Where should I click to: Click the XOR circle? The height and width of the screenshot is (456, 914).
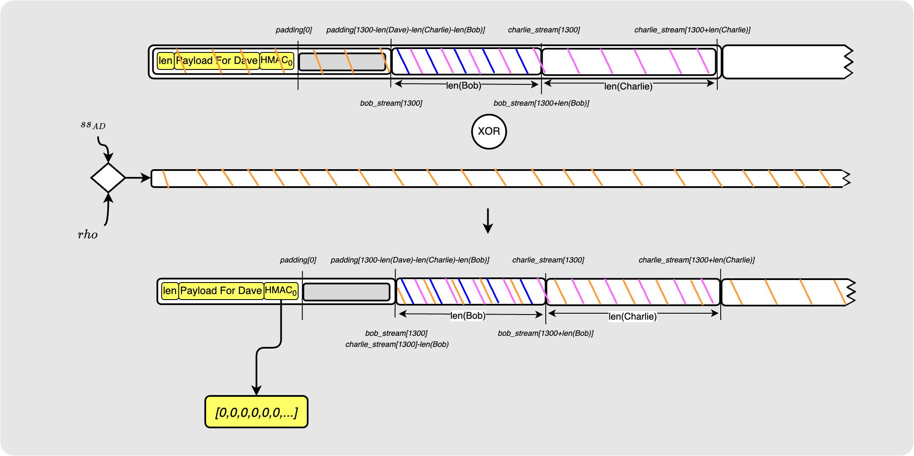[x=489, y=132]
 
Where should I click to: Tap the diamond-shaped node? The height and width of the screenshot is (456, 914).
[x=108, y=178]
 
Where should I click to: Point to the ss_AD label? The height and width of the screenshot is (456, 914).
[x=93, y=125]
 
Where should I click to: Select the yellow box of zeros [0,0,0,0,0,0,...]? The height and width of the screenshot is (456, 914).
[x=256, y=412]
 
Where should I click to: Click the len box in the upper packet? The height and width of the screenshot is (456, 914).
[x=165, y=61]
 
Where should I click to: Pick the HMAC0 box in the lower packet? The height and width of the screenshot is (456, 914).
[x=281, y=291]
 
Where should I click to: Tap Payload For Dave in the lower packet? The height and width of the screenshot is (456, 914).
[x=221, y=291]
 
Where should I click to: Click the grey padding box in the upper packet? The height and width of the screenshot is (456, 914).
[x=342, y=62]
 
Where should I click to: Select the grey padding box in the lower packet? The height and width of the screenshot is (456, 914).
[x=346, y=292]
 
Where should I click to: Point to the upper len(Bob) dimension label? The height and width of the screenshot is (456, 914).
[x=463, y=86]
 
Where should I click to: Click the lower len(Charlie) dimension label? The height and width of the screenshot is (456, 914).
[x=632, y=316]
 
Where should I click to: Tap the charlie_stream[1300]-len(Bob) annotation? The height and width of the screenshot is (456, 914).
[x=397, y=344]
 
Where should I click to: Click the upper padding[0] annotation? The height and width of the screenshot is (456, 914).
[x=294, y=30]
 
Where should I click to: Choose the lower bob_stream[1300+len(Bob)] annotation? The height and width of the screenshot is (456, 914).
[x=545, y=333]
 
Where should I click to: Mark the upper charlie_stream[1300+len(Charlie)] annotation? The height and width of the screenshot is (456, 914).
[x=692, y=30]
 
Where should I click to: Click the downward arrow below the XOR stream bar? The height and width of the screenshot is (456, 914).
[x=488, y=221]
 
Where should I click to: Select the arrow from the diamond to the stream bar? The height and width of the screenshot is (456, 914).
[x=138, y=178]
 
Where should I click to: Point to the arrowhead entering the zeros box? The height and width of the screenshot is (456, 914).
[x=256, y=390]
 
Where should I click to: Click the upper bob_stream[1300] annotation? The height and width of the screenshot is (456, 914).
[x=391, y=103]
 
